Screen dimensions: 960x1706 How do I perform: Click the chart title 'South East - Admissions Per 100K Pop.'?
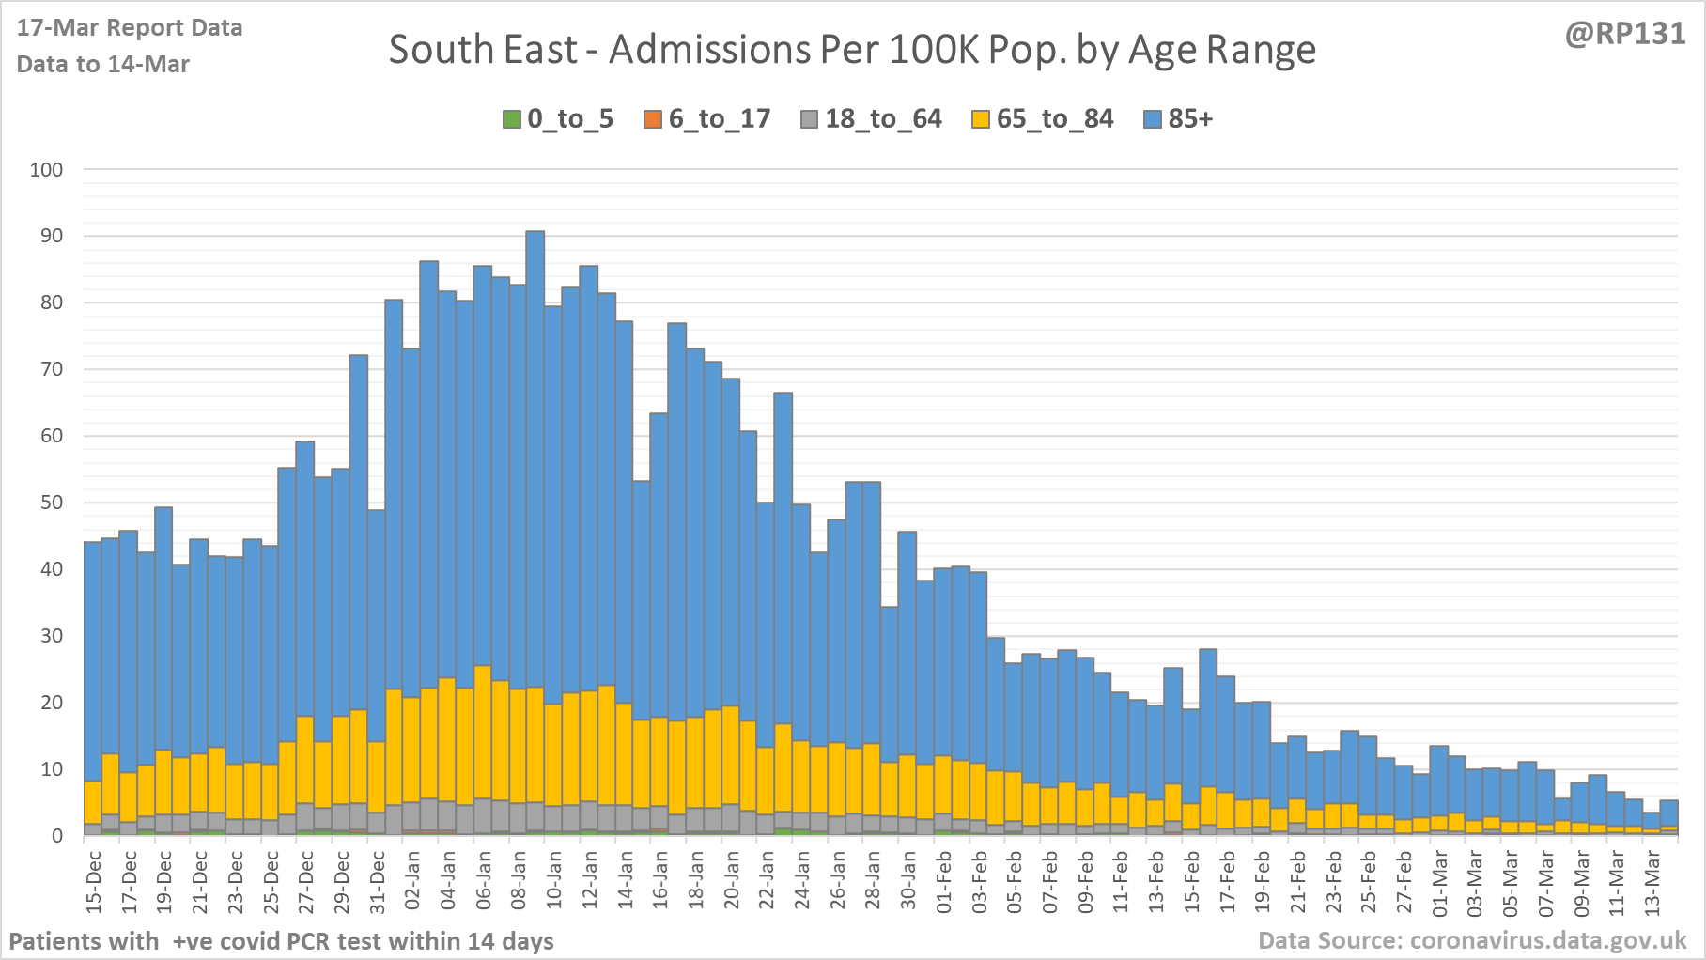tap(852, 51)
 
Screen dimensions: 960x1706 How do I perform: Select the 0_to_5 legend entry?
tap(558, 119)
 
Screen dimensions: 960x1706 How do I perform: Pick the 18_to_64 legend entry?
tap(871, 119)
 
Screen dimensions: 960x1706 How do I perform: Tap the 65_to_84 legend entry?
tap(1043, 119)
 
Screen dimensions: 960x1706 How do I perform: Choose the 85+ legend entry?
tap(1179, 119)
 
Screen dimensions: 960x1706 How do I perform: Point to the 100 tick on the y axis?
tap(47, 170)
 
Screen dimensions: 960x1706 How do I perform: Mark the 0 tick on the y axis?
tap(57, 835)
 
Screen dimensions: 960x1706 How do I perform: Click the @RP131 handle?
tap(1624, 34)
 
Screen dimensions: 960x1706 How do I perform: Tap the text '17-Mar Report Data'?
tap(130, 27)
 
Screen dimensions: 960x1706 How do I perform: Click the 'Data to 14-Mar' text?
tap(103, 64)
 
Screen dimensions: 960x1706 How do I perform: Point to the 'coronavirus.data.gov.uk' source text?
tap(1548, 940)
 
